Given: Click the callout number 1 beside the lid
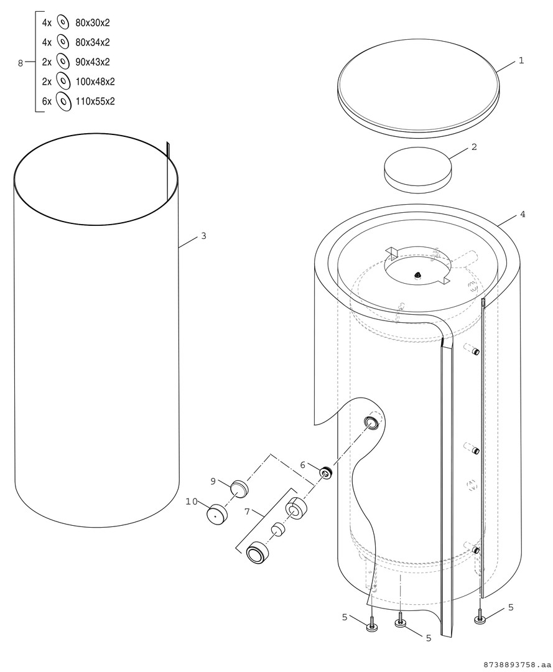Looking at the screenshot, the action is (x=521, y=61).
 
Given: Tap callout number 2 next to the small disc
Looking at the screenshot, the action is (x=474, y=147).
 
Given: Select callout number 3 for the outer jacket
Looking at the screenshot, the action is (x=203, y=236).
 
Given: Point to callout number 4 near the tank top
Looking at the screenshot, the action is (x=522, y=214).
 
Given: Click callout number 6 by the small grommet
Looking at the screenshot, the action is (x=302, y=465).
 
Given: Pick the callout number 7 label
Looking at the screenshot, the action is (x=247, y=511).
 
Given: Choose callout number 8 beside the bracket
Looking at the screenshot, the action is (x=20, y=63).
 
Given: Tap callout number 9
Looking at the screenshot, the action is (x=213, y=482).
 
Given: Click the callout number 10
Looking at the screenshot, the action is (x=192, y=502).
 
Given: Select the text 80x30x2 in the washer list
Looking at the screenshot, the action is (x=92, y=23).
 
